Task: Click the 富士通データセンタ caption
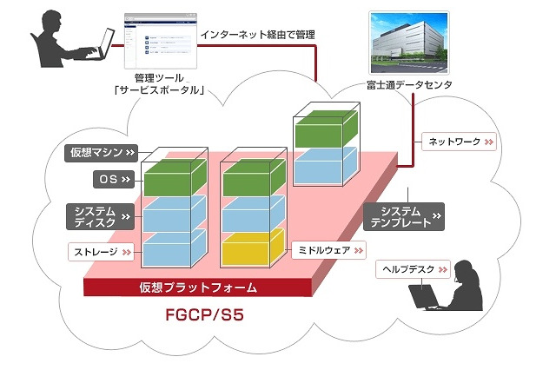point(408,85)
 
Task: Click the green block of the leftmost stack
point(173,181)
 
